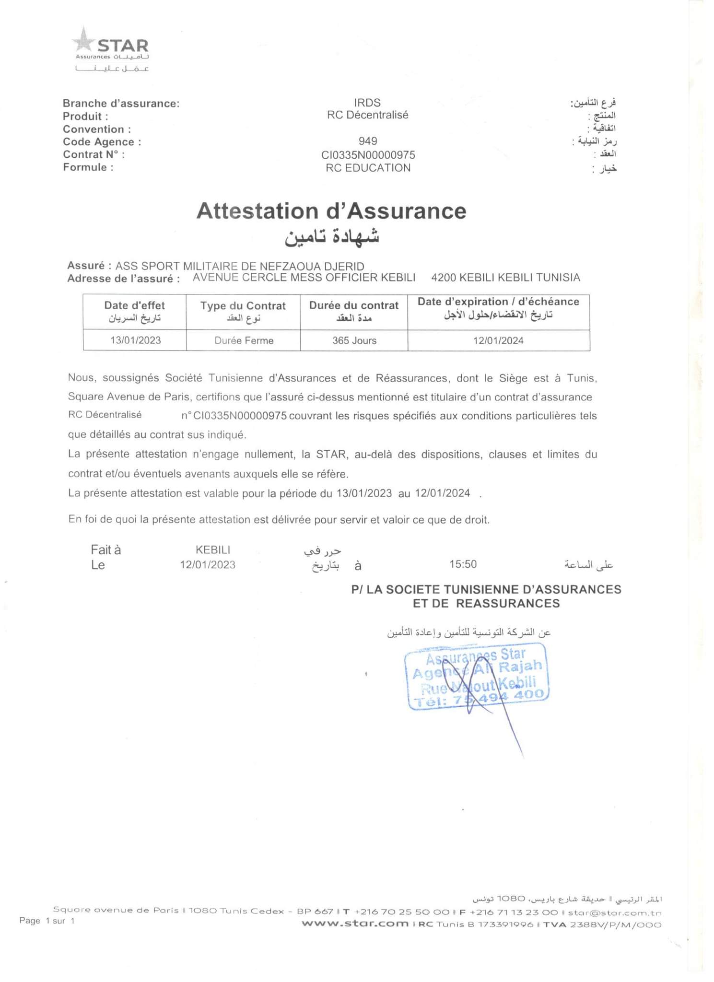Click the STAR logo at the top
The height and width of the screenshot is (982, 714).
pos(111,48)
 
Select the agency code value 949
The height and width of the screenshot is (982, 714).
pos(368,141)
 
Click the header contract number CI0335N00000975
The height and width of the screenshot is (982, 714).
pos(368,155)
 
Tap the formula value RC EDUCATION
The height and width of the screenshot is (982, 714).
pos(368,168)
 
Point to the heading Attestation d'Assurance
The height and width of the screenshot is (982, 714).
pos(331,211)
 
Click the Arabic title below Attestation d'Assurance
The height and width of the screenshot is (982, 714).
pos(332,237)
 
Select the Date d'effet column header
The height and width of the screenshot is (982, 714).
pos(134,311)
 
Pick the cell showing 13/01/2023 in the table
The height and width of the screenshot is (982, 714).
pos(135,340)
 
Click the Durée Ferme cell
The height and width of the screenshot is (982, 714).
pos(244,340)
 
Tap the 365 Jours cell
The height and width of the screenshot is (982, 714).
pos(354,340)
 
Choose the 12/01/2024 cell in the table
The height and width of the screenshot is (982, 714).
pos(498,340)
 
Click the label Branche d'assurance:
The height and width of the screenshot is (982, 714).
pos(121,104)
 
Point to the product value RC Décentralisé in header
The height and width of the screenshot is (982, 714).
pos(368,115)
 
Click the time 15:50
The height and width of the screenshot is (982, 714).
pos(463,564)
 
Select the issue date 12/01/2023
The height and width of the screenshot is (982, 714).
pos(208,565)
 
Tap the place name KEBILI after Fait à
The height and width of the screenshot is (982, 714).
pos(213,550)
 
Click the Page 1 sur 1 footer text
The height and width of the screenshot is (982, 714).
pos(47,921)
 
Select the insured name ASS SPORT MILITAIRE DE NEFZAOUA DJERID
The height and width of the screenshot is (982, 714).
pos(240,266)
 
